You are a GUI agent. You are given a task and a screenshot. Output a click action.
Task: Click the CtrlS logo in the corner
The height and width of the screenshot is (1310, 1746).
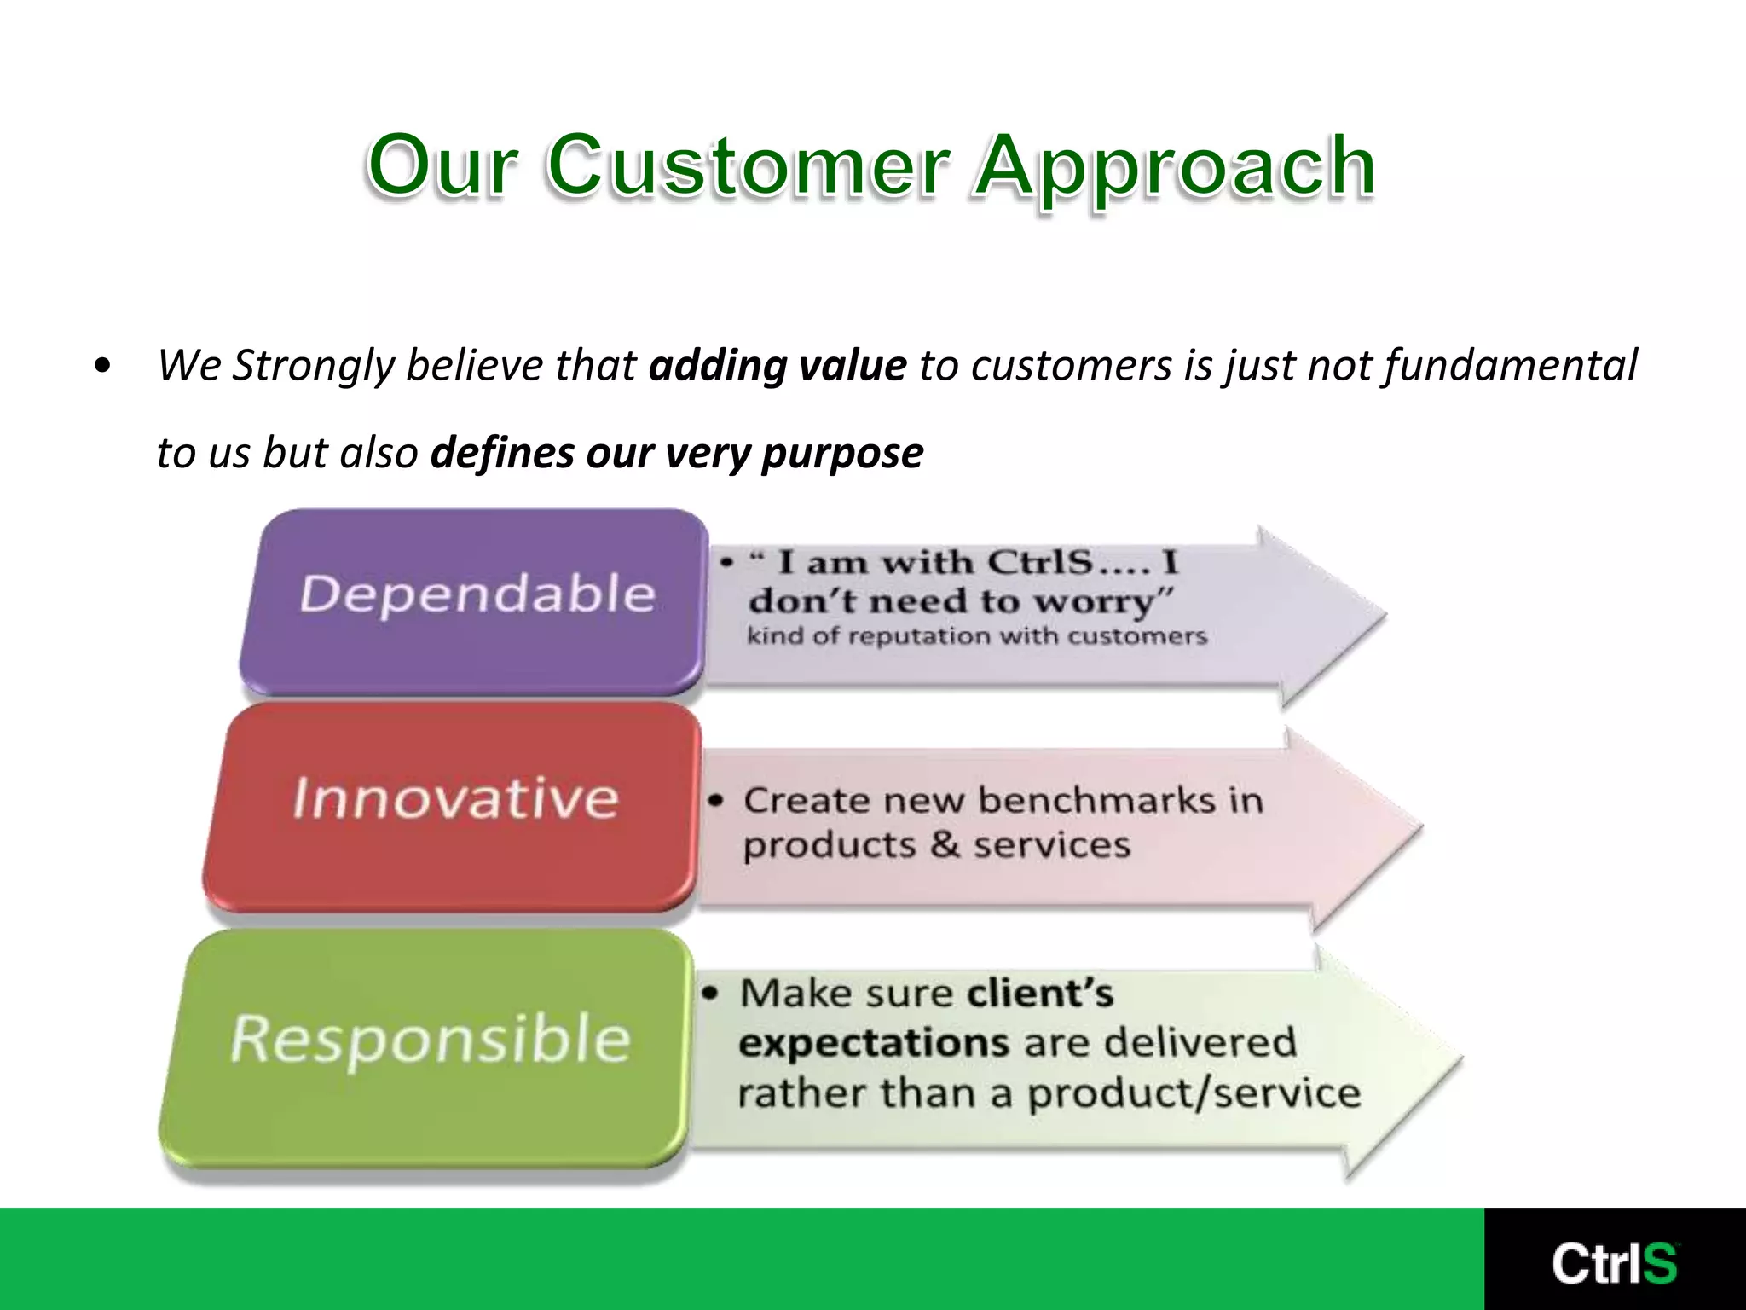(x=1614, y=1263)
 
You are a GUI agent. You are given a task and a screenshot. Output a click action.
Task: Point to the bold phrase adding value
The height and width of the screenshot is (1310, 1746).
(x=777, y=365)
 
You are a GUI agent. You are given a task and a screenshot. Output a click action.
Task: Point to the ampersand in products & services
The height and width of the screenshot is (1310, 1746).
(x=945, y=845)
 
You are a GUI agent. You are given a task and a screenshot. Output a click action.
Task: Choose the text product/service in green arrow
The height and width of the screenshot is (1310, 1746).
(x=1194, y=1094)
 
